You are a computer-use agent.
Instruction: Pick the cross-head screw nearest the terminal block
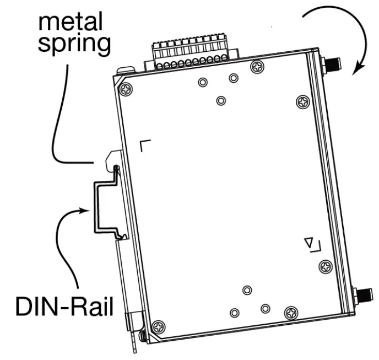pos(257,67)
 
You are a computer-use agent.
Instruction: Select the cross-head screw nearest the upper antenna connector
pos(302,101)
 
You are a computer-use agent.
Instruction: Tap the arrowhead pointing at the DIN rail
pos(83,210)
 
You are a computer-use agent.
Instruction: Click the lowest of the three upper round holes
pos(221,100)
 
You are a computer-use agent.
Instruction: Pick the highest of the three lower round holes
pos(247,290)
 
